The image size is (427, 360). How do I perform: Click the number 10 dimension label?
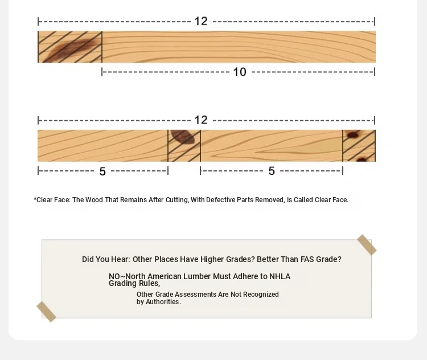240,72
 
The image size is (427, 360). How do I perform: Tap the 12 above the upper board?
201,21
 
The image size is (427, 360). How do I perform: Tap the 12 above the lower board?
201,120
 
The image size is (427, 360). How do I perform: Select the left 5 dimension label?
102,171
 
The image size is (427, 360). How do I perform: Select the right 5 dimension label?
272,171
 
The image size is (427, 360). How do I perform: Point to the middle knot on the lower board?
183,136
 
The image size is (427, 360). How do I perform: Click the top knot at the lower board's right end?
352,134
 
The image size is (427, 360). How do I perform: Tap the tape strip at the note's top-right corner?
367,245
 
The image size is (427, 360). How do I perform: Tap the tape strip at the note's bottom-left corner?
46,312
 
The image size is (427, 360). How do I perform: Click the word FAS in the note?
307,259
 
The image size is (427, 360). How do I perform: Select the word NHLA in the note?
280,276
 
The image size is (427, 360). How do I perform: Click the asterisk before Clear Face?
35,199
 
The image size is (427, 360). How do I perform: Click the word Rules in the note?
149,284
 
